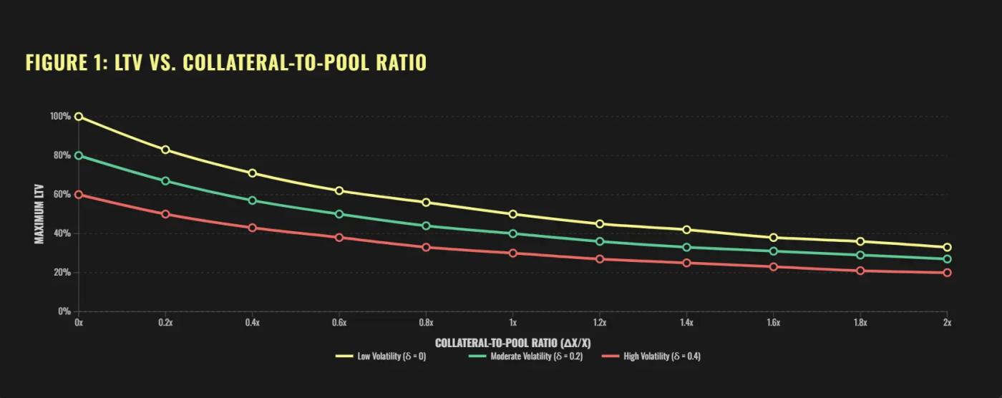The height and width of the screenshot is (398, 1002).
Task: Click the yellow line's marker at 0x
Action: point(79,117)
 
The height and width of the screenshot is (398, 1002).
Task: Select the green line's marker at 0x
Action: point(79,155)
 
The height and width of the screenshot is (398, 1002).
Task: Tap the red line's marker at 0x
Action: point(79,195)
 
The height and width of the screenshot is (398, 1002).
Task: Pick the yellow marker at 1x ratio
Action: point(513,214)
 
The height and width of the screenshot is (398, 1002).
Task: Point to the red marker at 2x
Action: point(948,273)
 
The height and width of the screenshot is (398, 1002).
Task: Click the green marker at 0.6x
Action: point(339,214)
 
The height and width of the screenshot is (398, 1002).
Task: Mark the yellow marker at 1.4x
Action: point(687,230)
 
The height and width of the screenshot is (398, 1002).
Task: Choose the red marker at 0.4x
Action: point(252,228)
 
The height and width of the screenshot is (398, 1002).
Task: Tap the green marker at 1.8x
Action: point(860,255)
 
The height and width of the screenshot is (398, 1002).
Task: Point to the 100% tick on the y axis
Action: point(60,117)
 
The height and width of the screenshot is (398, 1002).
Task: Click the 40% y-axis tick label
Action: point(62,233)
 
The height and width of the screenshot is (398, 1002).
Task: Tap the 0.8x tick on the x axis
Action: point(426,323)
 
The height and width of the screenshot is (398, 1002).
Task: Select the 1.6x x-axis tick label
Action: point(774,323)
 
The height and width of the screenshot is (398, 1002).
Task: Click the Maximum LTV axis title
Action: point(39,214)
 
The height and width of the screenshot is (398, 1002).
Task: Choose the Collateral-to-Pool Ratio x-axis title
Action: point(512,343)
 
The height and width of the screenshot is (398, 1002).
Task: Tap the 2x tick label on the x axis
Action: point(947,323)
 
